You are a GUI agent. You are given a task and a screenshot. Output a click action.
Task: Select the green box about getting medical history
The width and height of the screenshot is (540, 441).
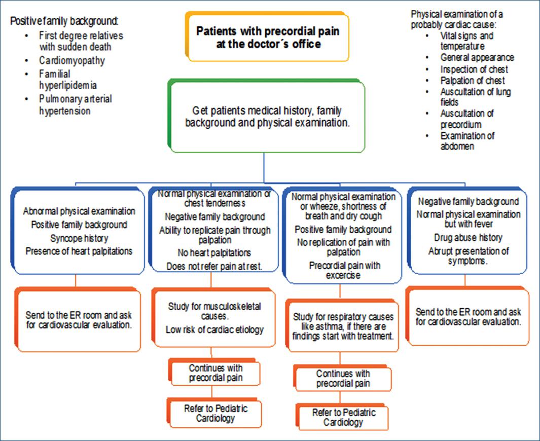click(267, 116)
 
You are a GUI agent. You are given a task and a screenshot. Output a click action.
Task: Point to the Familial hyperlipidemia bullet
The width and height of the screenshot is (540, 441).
click(68, 79)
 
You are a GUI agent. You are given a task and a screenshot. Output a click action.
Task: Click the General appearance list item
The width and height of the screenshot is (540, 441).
click(477, 58)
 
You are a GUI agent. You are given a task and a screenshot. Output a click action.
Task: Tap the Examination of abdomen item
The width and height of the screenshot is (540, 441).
click(467, 141)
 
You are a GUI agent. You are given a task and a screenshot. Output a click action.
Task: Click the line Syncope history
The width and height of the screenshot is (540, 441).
click(79, 237)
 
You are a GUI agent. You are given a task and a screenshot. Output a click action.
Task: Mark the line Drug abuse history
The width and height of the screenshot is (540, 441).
click(468, 237)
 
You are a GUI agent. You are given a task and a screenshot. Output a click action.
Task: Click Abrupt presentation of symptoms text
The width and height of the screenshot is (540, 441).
click(468, 256)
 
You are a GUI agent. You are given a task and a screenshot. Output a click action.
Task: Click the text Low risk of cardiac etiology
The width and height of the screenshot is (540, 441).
click(214, 330)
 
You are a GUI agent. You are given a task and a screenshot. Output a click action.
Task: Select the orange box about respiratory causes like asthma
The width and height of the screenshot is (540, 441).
click(343, 326)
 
